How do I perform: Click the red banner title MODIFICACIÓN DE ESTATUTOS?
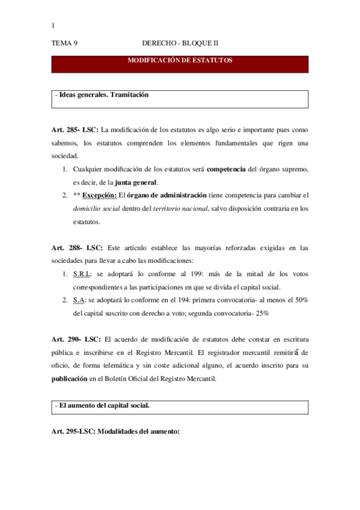click(x=180, y=61)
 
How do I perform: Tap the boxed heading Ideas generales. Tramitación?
click(x=103, y=95)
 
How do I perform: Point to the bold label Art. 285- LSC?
click(x=75, y=130)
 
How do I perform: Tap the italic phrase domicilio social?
click(x=97, y=209)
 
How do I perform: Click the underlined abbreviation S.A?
click(x=79, y=300)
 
